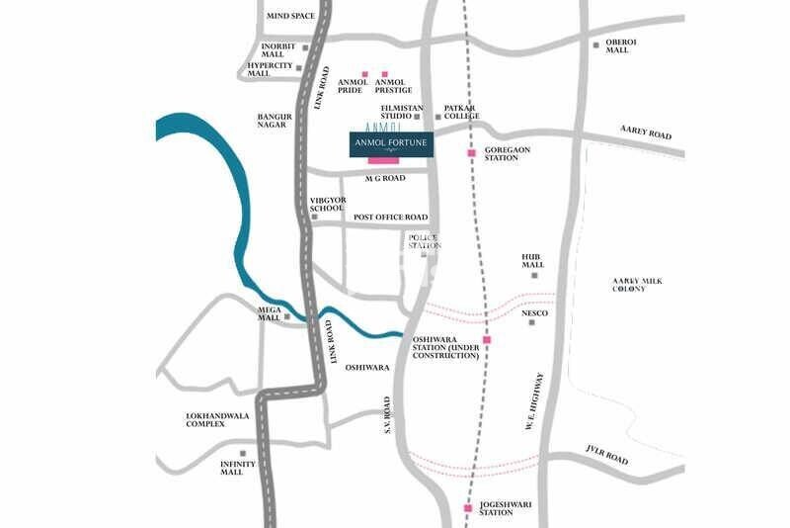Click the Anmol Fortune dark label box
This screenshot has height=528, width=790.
click(x=390, y=144)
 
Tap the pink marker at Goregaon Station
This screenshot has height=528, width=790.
click(x=471, y=153)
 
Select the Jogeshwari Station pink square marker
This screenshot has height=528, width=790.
click(x=467, y=508)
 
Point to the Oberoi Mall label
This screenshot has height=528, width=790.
click(x=617, y=45)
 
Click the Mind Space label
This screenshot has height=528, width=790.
click(x=290, y=16)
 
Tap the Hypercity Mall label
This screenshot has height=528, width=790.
click(x=272, y=69)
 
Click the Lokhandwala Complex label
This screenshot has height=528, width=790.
click(x=218, y=419)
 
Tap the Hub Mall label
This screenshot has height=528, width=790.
click(x=533, y=261)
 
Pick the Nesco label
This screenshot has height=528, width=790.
click(x=534, y=313)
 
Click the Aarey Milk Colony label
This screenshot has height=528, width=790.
click(x=637, y=285)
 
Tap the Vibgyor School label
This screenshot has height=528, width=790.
click(x=327, y=204)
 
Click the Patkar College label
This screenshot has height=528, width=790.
click(x=461, y=112)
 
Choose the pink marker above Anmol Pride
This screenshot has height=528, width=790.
click(x=364, y=74)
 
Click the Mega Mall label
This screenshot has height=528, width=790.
click(x=270, y=313)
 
